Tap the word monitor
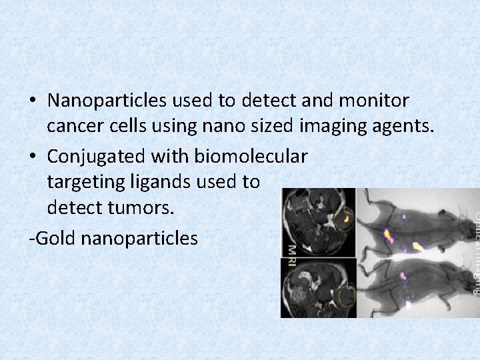pos(377,101)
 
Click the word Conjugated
pos(97,157)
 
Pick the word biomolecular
pos(251,157)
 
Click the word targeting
pos(89,182)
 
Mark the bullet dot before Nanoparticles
pos(33,101)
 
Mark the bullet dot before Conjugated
pos(33,157)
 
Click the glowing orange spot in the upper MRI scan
pos(346,218)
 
